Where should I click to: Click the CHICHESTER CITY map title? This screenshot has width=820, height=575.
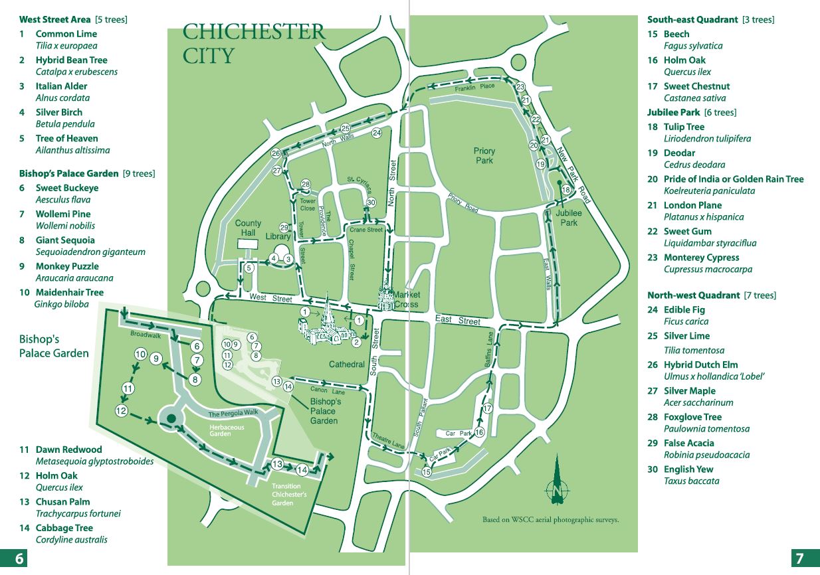(253, 43)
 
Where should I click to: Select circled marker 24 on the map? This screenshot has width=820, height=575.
(377, 133)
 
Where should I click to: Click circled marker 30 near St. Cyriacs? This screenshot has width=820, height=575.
(371, 203)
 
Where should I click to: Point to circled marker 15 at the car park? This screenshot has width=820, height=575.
(427, 471)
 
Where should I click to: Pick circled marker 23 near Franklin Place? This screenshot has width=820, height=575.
(520, 87)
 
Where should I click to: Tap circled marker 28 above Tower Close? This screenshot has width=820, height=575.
(306, 185)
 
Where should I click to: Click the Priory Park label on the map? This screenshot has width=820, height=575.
(484, 155)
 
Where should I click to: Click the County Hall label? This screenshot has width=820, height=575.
(248, 228)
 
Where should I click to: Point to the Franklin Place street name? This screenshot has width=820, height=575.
(474, 87)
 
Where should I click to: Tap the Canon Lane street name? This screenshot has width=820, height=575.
(328, 390)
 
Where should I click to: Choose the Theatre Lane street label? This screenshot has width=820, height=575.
(388, 440)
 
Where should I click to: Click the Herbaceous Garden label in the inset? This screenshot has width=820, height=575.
(227, 430)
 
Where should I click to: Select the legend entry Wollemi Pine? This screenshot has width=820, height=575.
(62, 214)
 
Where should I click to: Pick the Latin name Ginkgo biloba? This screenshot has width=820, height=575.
(61, 304)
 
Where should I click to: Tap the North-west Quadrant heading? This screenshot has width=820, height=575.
(693, 295)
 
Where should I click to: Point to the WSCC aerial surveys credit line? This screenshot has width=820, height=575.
(550, 520)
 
